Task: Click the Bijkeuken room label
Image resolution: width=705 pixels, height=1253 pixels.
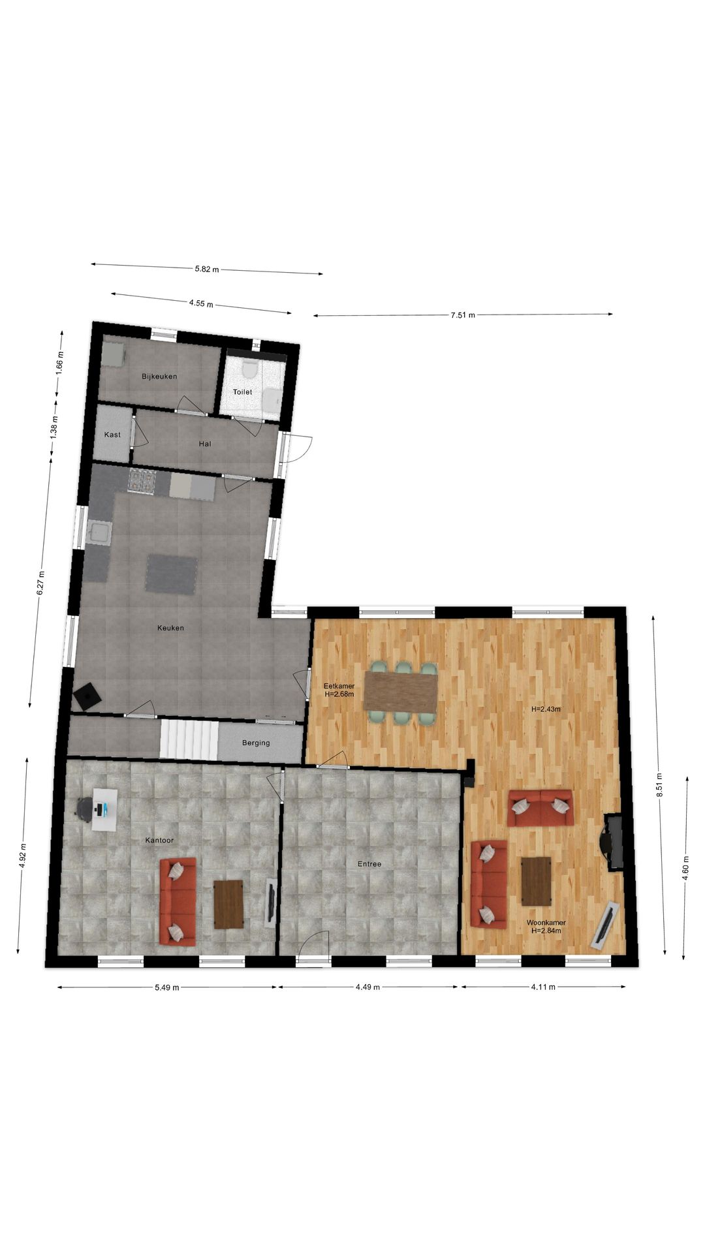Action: click(159, 377)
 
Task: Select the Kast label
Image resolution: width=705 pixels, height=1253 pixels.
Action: click(112, 435)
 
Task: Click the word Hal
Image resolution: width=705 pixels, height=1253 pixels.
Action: click(205, 444)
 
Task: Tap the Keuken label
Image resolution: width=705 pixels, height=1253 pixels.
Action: click(170, 628)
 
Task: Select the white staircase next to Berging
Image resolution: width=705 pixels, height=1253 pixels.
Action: click(189, 739)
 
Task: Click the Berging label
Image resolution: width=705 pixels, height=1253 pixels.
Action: click(256, 743)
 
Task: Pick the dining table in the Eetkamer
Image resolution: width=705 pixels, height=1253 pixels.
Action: click(400, 692)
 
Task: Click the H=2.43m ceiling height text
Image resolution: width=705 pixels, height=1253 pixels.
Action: click(546, 709)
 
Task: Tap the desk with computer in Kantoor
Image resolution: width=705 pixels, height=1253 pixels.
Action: click(104, 809)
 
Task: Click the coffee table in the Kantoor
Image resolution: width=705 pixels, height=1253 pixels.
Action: click(228, 904)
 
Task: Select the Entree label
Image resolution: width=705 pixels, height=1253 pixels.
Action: click(369, 864)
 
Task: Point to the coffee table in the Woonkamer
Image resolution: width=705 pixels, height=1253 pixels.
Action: click(536, 881)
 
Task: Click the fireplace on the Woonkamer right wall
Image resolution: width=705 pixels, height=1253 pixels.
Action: click(614, 842)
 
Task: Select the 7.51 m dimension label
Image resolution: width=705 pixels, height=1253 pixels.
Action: click(463, 315)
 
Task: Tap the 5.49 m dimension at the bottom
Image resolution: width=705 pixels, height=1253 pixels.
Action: click(167, 987)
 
